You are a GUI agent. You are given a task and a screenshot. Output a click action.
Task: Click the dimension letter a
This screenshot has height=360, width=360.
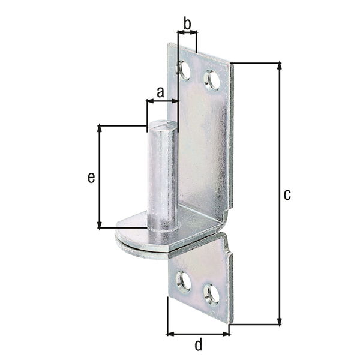[160, 92]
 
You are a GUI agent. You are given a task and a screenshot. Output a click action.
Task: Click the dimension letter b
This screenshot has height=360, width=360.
[187, 24]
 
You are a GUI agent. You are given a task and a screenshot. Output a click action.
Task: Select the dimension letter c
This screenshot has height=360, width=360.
[287, 194]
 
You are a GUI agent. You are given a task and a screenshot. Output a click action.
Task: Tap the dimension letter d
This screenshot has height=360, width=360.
[199, 345]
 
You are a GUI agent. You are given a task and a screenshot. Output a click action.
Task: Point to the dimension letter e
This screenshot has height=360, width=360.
[91, 177]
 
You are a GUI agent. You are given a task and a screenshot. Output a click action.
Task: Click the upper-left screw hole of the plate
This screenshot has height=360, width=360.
[184, 71]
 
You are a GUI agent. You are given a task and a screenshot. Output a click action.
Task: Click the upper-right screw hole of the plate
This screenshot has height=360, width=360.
[211, 80]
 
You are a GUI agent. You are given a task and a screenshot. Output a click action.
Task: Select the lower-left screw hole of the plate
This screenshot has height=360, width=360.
[184, 281]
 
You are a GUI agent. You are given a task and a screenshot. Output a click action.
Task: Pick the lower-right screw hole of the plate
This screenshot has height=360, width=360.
[211, 294]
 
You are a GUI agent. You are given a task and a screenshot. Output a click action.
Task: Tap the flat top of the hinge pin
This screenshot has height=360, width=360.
[163, 125]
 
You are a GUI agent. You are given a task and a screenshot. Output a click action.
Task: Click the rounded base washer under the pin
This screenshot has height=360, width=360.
[133, 237]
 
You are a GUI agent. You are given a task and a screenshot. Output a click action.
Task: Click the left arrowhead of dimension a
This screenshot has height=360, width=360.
[149, 102]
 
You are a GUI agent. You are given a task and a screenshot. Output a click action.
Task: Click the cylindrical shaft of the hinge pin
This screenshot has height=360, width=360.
[163, 177]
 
